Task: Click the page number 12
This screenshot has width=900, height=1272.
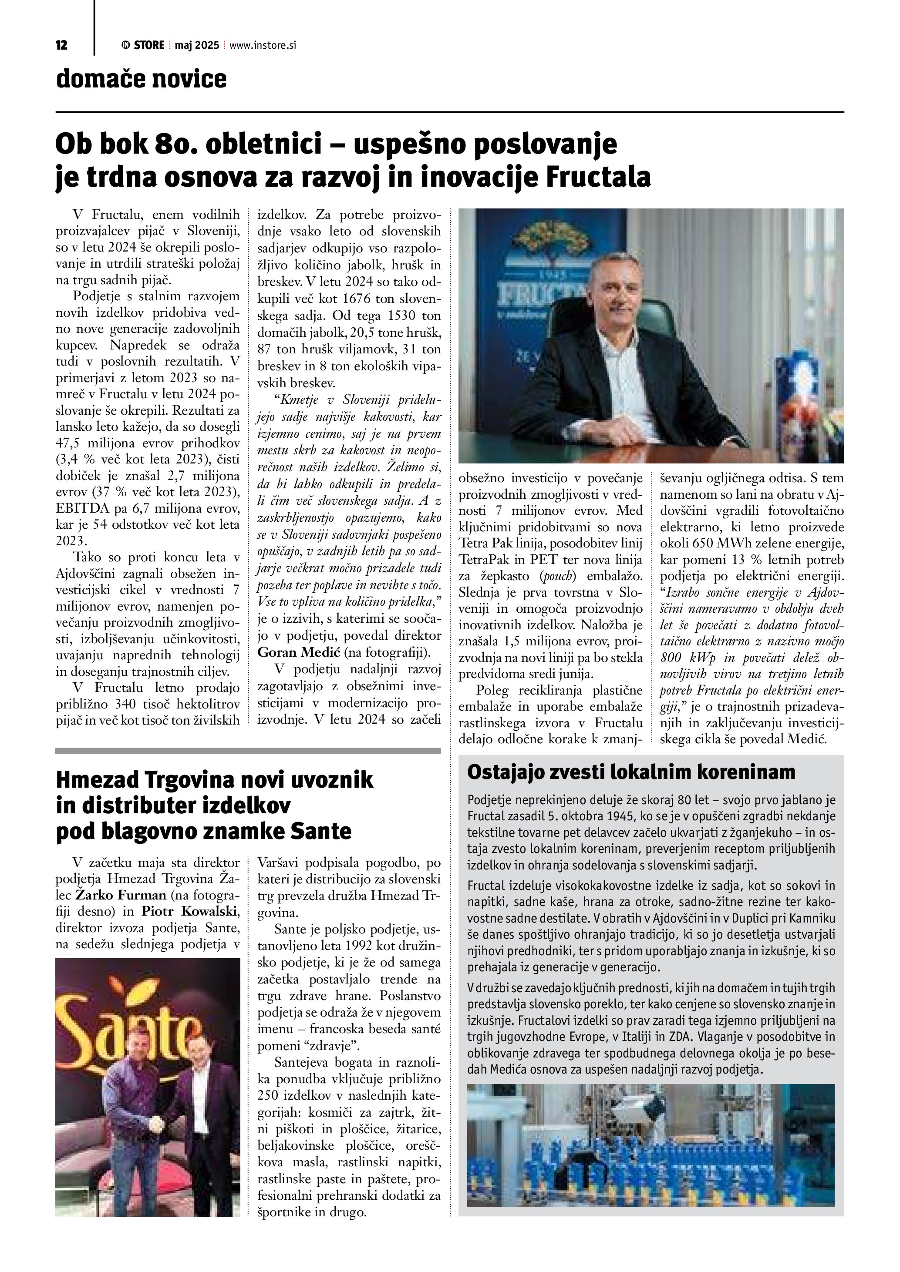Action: pos(61,45)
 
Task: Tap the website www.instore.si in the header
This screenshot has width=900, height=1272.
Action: pos(262,45)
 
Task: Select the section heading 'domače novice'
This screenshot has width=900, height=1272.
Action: pos(142,79)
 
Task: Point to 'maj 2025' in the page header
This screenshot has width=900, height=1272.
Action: pos(197,45)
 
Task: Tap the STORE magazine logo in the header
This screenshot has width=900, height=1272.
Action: pos(142,45)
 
